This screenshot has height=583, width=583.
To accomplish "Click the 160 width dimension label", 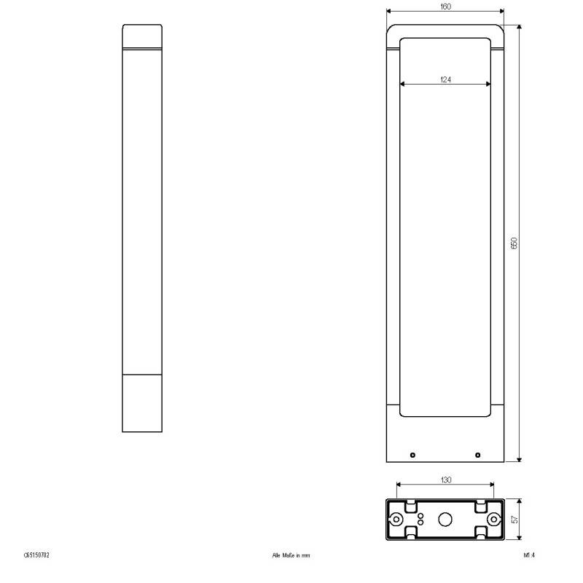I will [x=445, y=6].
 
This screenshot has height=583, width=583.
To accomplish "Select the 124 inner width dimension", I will [x=445, y=79].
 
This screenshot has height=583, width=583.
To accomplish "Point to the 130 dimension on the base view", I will [x=446, y=480].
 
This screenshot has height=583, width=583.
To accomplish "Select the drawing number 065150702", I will [x=36, y=555].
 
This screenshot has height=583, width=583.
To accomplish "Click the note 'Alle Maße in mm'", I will [x=291, y=555].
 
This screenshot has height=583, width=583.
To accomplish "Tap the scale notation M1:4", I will [x=529, y=555].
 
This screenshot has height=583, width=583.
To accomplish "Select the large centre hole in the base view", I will [x=445, y=520].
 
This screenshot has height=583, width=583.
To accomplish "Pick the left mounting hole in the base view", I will [x=396, y=520].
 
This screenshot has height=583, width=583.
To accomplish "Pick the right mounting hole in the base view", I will [x=493, y=520].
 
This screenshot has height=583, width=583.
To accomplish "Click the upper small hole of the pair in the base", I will [x=420, y=516].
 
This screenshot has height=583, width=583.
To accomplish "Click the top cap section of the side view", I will [x=142, y=36].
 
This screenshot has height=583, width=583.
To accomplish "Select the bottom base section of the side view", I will [x=142, y=403].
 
